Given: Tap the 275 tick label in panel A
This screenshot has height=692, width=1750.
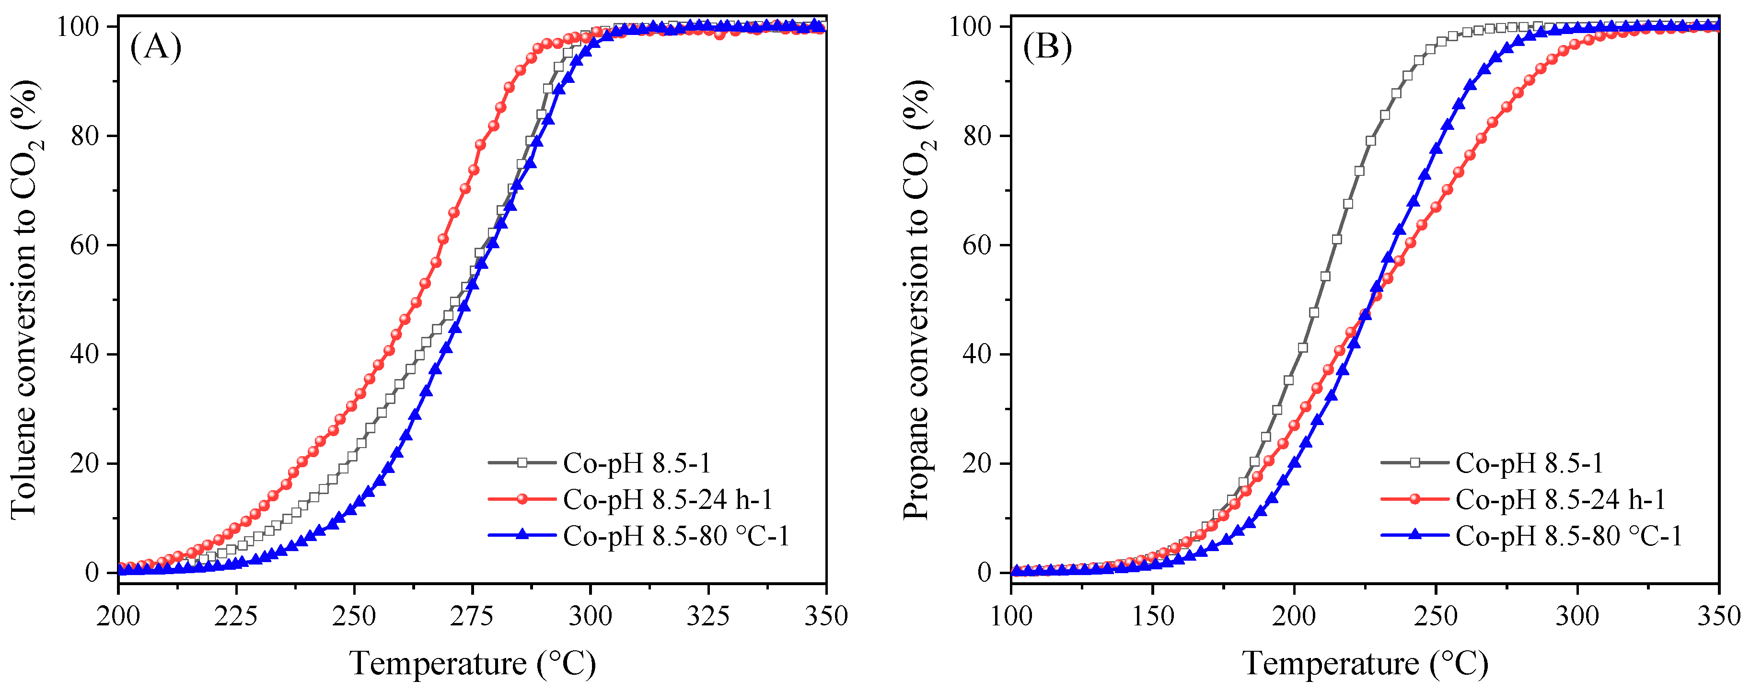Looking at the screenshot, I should [x=472, y=616].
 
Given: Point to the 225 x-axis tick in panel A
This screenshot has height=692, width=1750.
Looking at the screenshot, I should [x=236, y=616].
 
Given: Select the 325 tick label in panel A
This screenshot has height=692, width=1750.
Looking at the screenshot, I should [x=708, y=616].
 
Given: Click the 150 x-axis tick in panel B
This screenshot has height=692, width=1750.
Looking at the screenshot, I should [x=1153, y=616].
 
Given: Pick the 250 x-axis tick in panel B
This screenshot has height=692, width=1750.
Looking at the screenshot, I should [x=1436, y=616].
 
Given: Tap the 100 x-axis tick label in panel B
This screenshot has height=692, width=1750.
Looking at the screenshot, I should [x=1011, y=616].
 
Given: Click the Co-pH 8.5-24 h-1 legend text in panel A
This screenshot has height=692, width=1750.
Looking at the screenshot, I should [x=668, y=500].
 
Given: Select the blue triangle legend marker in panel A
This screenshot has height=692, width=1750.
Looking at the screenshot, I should [x=522, y=535].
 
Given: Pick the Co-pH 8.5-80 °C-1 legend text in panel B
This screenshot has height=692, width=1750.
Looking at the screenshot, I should [x=1569, y=536].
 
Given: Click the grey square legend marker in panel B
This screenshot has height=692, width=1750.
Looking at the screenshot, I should [x=1415, y=463].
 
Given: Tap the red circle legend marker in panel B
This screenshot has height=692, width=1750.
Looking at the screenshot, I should [x=1415, y=499].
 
